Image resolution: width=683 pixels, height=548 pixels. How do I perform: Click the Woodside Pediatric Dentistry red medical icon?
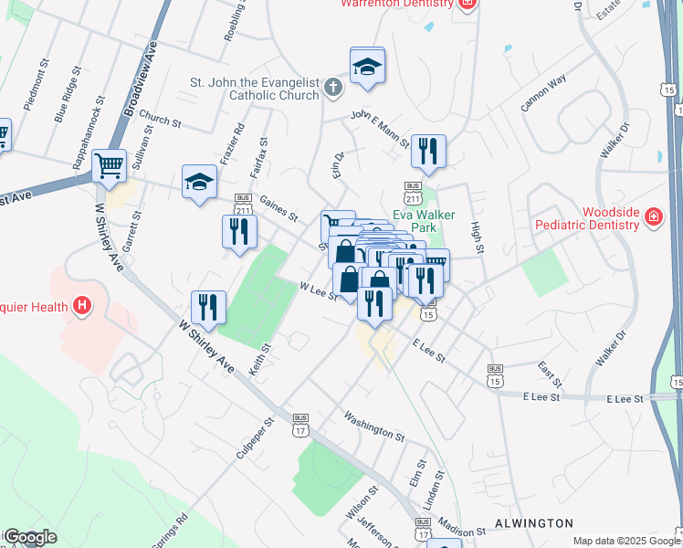(x=653, y=217)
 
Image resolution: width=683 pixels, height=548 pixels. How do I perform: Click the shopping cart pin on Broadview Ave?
(x=109, y=165)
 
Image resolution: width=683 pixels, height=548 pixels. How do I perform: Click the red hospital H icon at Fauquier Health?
(x=82, y=305)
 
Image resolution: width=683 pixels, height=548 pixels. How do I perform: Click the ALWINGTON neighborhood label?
(x=534, y=523)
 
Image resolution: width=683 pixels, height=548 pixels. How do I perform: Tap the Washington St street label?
(x=373, y=424)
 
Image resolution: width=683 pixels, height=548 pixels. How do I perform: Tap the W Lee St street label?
(x=319, y=290)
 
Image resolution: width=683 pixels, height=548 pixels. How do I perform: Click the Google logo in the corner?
(x=29, y=537)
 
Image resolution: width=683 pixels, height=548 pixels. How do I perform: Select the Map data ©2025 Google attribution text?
(x=625, y=541)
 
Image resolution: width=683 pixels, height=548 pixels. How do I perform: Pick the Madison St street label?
(x=461, y=532)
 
